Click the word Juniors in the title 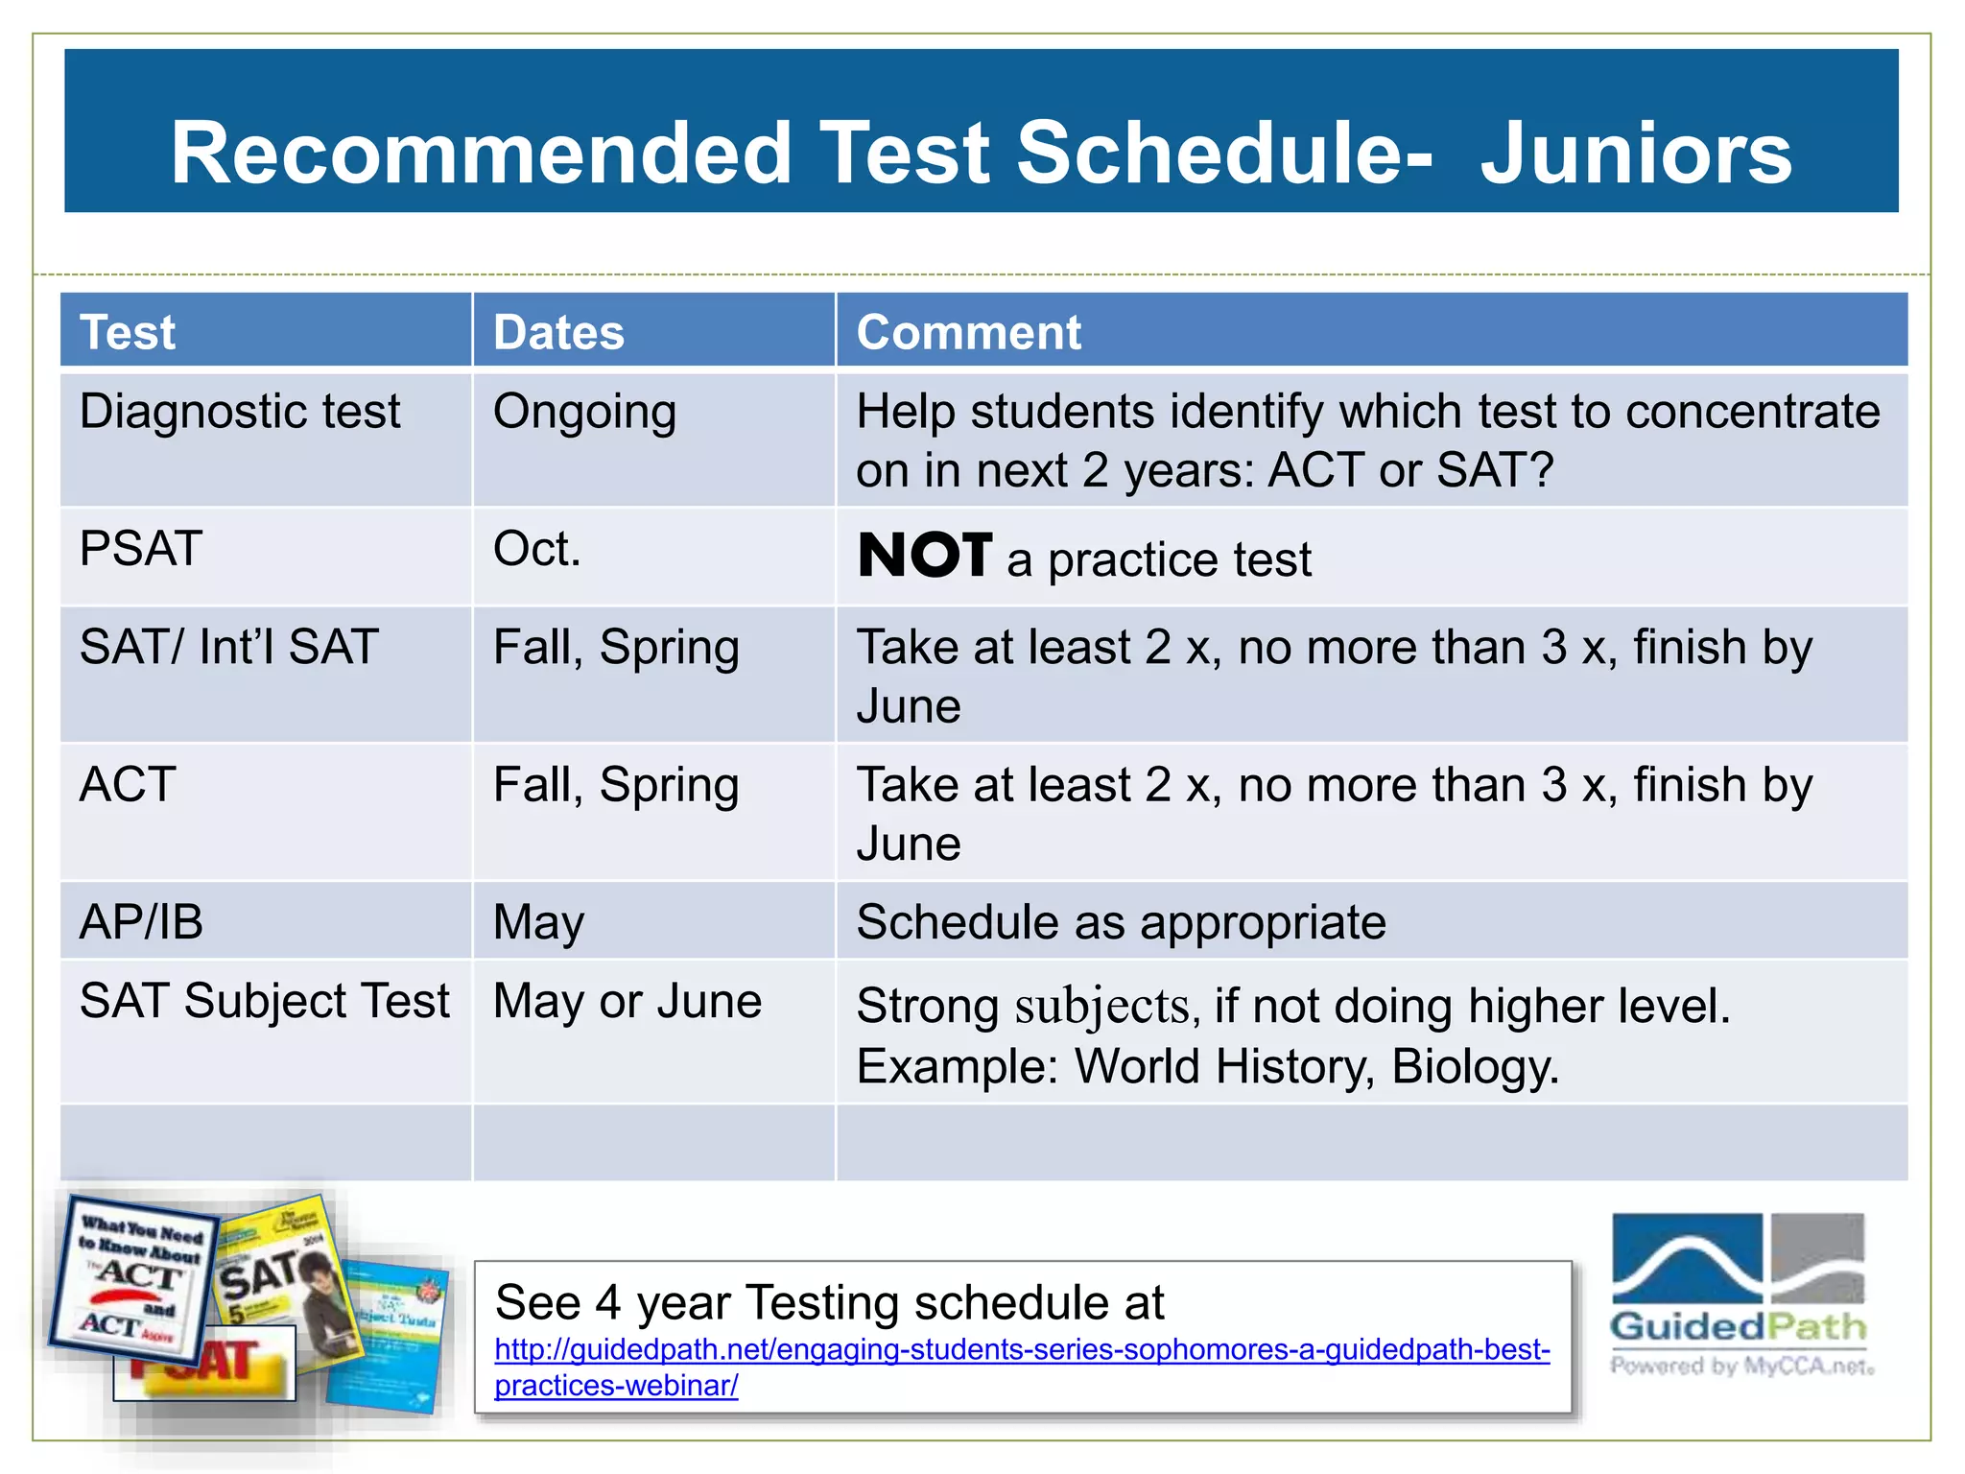1636,154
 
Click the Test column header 128,333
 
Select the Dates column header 558,333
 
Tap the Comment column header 968,333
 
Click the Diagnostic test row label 240,412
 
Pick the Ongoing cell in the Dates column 584,413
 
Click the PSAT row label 141,549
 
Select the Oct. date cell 537,549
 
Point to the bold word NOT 925,556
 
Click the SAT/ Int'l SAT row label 229,647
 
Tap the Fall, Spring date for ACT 616,785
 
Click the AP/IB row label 141,922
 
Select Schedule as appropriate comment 1121,922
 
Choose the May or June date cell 627,1002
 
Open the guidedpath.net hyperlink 1022,1350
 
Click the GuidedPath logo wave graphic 1687,1258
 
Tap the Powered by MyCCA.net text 1741,1367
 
